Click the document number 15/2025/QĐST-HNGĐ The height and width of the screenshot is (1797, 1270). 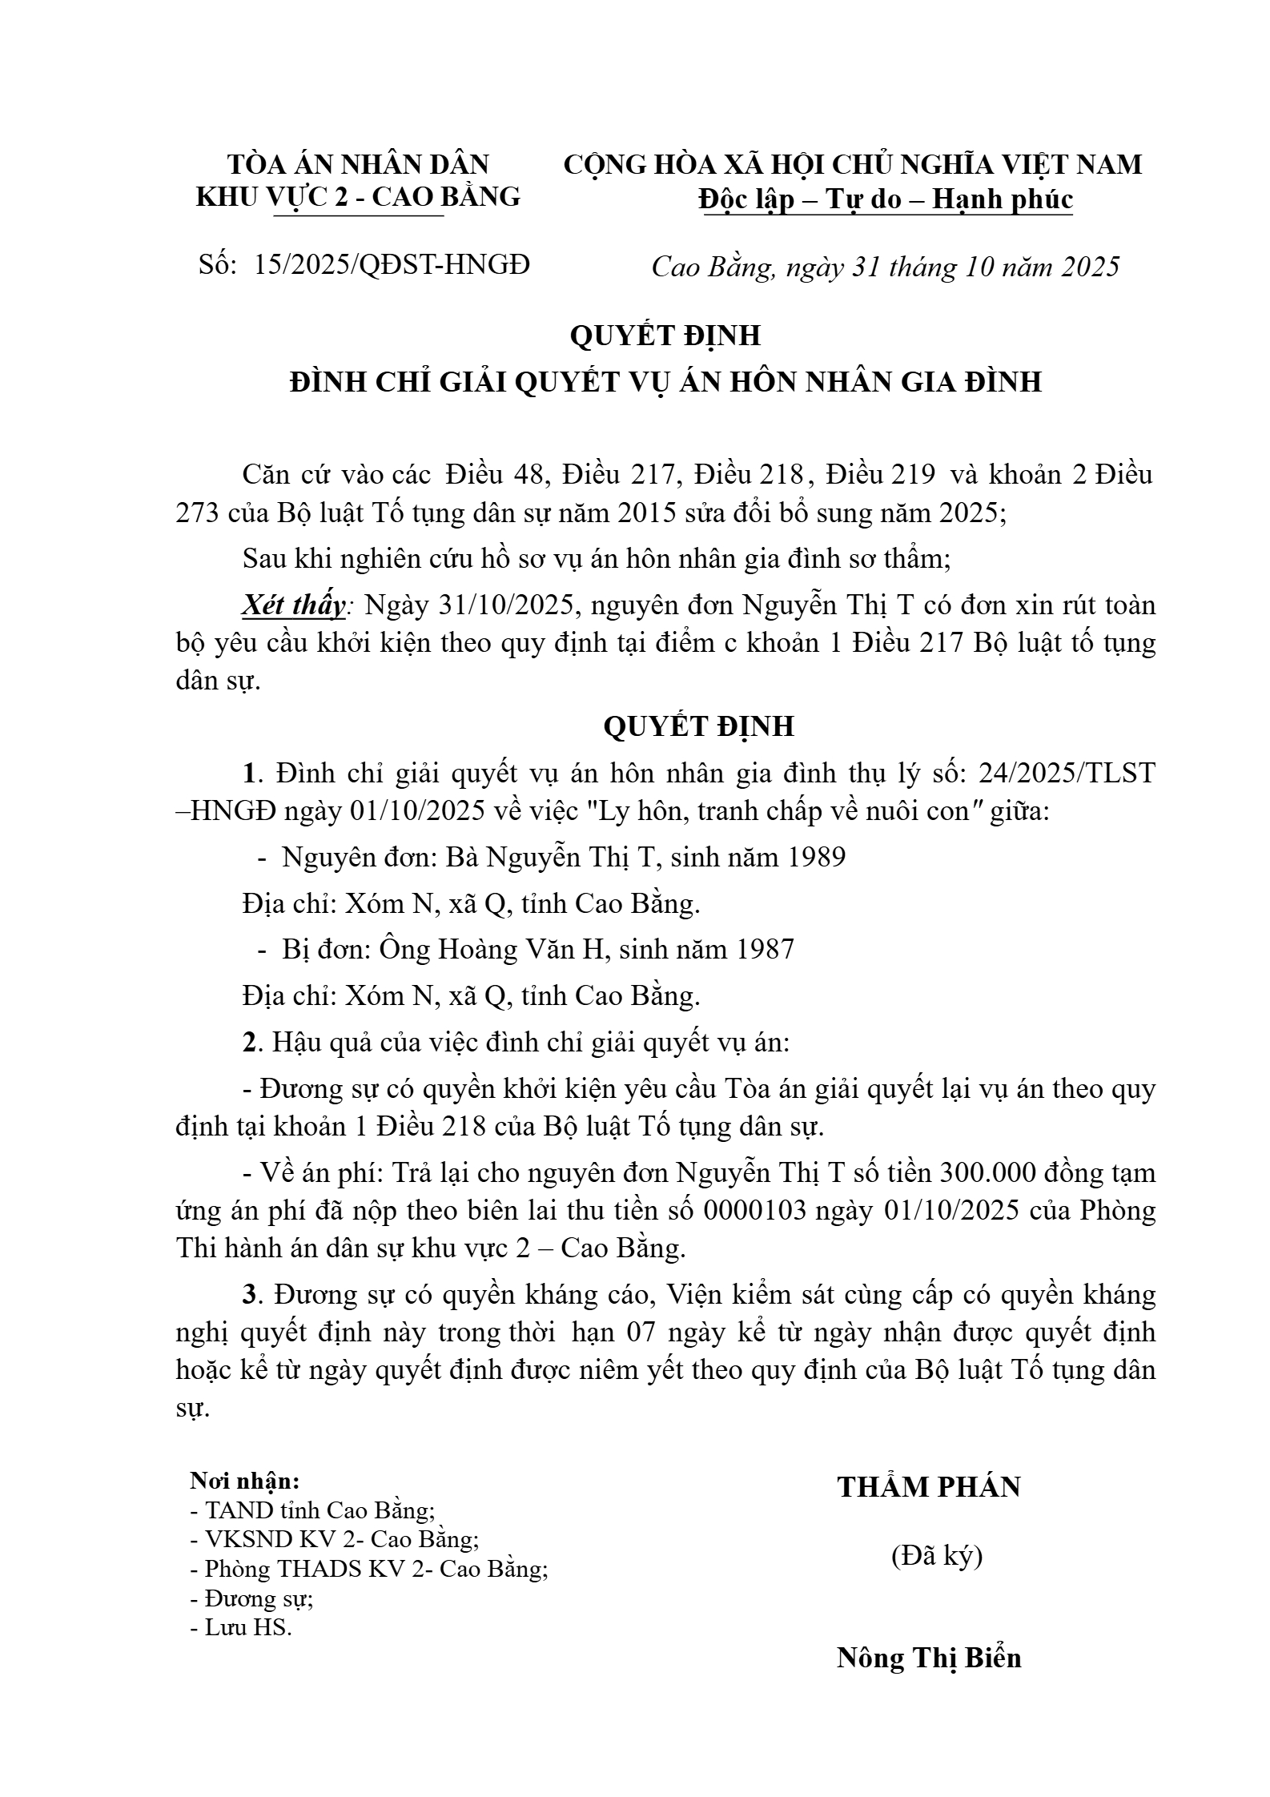pyautogui.click(x=392, y=264)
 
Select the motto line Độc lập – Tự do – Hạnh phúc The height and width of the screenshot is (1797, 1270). pyautogui.click(x=885, y=199)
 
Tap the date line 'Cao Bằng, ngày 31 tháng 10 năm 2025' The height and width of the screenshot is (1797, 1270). pyautogui.click(x=885, y=267)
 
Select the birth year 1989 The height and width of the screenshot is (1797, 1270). pyautogui.click(x=817, y=858)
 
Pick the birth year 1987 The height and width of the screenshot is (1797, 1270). pyautogui.click(x=765, y=949)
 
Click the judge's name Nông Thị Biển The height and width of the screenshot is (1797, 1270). pyautogui.click(x=929, y=1658)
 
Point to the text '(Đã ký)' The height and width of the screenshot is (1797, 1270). pyautogui.click(x=936, y=1555)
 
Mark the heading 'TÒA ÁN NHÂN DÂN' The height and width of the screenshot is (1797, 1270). pyautogui.click(x=358, y=164)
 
